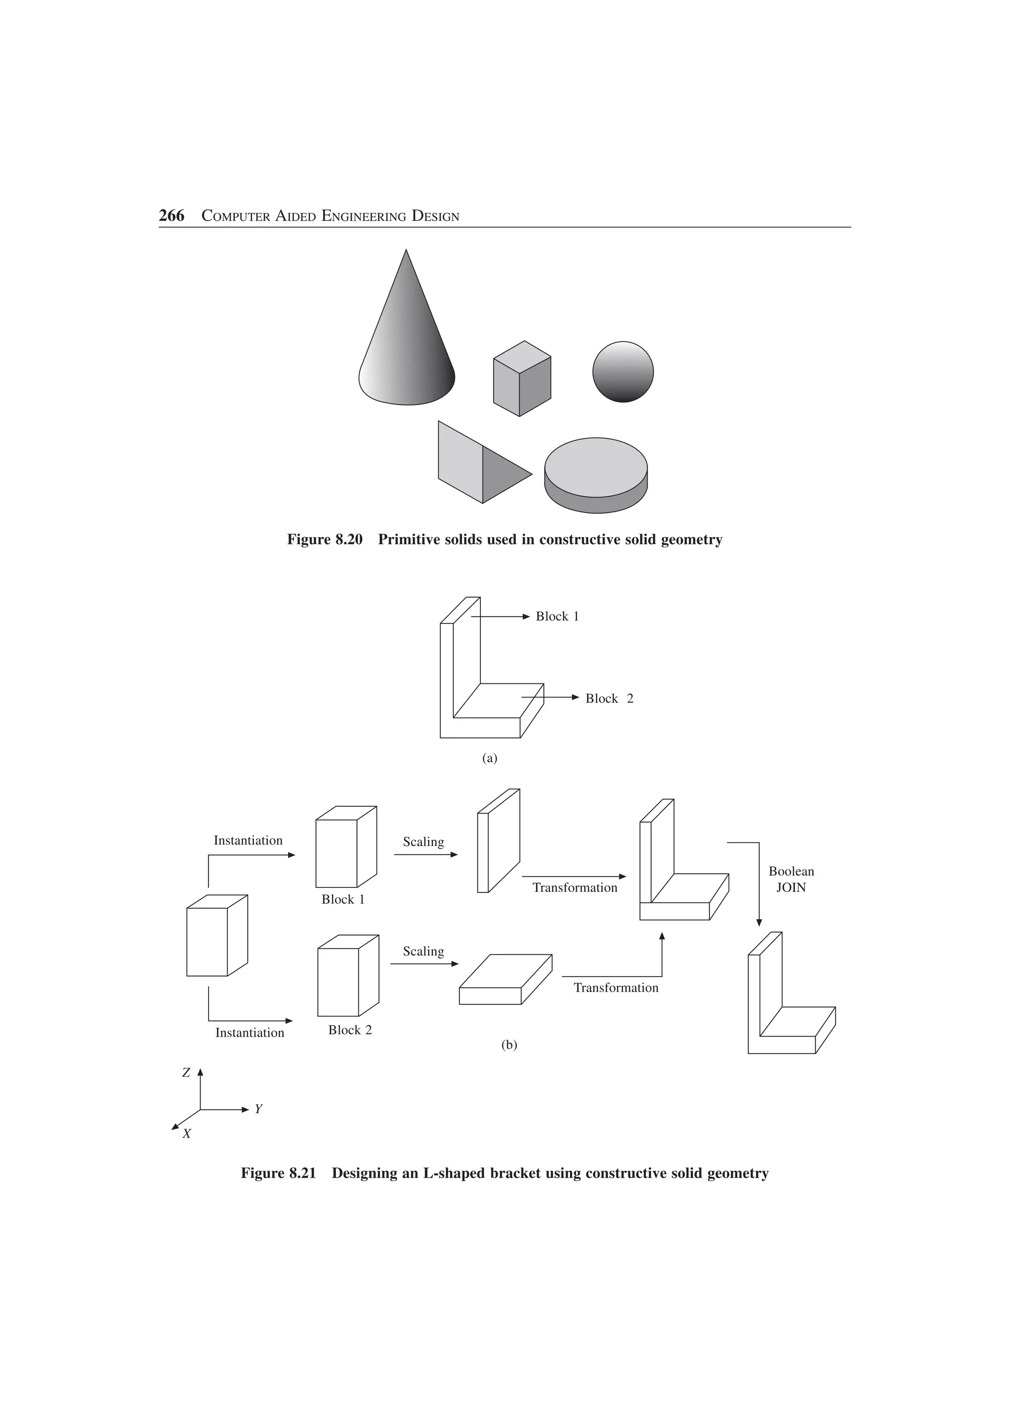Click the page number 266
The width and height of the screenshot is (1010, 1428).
coord(171,216)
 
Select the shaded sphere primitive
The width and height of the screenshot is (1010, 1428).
coord(623,372)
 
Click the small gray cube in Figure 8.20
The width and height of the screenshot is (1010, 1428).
coord(521,379)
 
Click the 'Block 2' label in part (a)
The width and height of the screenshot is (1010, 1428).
coord(609,698)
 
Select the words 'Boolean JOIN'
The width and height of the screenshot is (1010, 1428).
coord(791,880)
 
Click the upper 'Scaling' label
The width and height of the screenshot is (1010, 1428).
coord(423,842)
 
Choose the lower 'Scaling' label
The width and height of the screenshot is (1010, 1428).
coord(423,951)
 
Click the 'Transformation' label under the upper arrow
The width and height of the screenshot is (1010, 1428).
coord(575,887)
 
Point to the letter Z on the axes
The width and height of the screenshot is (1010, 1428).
coord(185,1072)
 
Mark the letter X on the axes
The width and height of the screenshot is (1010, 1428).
coord(186,1134)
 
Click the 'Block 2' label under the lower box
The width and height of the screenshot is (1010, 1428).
coord(350,1030)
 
